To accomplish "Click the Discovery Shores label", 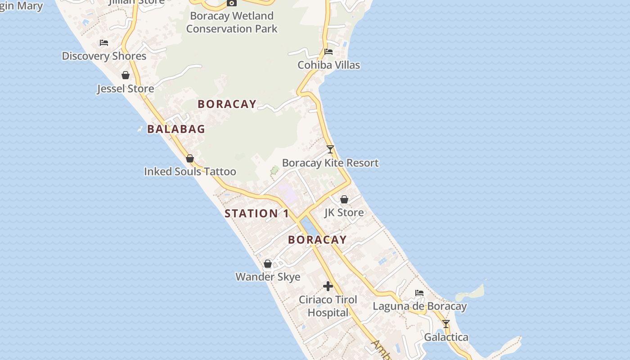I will [104, 56].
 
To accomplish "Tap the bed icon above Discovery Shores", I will [104, 43].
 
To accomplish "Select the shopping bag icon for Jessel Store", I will [126, 75].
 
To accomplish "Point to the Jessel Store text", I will [126, 89].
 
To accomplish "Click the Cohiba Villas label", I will [328, 65].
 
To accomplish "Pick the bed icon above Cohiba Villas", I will [328, 52].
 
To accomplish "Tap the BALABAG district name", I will [176, 129].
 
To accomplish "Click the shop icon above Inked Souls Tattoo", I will [190, 158].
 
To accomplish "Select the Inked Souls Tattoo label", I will [190, 172].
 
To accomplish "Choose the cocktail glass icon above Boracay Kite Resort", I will [330, 149].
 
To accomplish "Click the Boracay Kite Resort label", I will [330, 163].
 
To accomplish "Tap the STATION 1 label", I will [256, 214].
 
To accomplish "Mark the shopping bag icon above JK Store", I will [344, 199].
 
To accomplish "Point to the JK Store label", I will [344, 212].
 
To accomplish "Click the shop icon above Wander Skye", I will [268, 264].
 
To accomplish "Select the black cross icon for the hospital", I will [328, 286].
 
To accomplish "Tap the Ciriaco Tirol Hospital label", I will [328, 306].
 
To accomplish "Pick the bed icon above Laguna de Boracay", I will [419, 293].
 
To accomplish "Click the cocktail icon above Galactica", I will [446, 324].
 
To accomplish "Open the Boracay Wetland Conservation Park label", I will [232, 22].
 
